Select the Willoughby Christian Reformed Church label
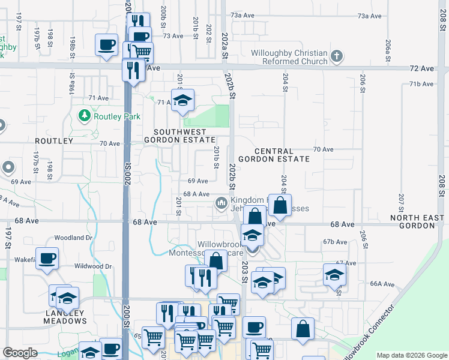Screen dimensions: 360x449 (289, 56)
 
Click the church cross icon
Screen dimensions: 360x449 (337, 57)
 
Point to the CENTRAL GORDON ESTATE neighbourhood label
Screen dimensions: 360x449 (273, 155)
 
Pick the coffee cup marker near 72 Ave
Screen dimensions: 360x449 (107, 45)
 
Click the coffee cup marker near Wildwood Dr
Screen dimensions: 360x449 (47, 258)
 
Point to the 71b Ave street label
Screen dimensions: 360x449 (421, 84)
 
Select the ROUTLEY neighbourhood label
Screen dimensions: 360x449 (53, 142)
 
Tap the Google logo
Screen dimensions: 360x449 (20, 353)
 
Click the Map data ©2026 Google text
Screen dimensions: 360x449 (411, 355)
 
